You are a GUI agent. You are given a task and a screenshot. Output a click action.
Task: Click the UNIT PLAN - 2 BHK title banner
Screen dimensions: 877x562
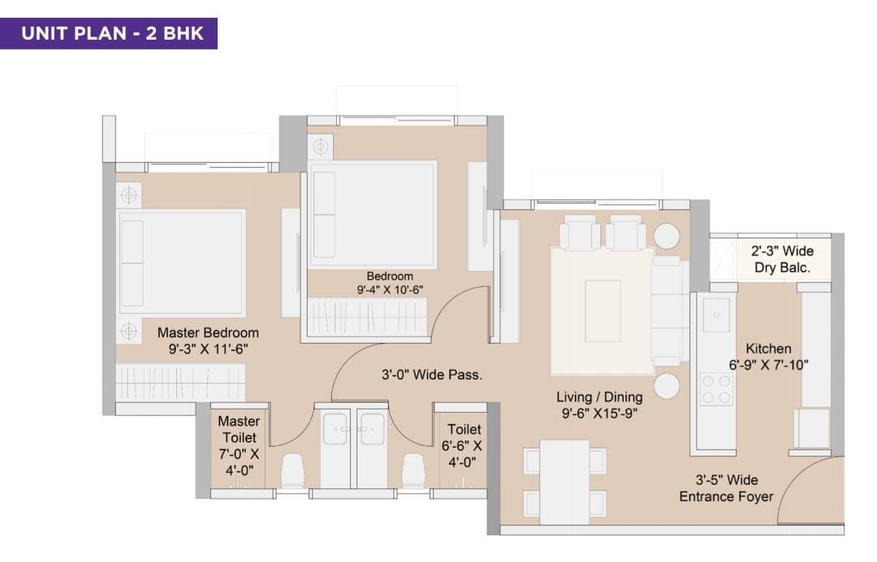(x=109, y=33)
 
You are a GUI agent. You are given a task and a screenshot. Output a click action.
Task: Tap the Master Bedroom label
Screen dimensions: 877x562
(x=208, y=332)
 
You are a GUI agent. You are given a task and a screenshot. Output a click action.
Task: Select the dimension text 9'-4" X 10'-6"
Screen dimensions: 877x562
(x=390, y=290)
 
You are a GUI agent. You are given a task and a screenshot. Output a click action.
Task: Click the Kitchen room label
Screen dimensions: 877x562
(x=768, y=349)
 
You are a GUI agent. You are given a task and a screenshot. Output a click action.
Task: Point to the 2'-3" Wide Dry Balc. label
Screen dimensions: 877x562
(x=782, y=260)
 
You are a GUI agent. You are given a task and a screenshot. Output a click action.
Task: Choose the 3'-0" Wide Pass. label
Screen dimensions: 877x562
(x=432, y=375)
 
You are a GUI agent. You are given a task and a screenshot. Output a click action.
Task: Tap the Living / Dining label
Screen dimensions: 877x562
(x=599, y=397)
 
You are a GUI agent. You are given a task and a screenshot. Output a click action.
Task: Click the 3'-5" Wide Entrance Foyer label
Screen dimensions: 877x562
(x=726, y=488)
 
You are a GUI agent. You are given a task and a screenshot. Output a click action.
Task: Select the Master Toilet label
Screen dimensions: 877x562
(x=239, y=429)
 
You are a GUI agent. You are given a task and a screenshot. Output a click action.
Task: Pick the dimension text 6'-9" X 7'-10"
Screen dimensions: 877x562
(x=768, y=366)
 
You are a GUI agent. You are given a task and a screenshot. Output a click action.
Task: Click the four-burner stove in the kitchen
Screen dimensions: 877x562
(x=716, y=389)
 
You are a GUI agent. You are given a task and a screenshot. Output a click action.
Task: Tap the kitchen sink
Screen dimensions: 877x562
(x=716, y=315)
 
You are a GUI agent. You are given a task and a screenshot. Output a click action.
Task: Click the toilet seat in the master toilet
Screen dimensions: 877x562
(x=292, y=470)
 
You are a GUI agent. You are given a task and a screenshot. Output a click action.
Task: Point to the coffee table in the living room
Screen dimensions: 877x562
(x=603, y=310)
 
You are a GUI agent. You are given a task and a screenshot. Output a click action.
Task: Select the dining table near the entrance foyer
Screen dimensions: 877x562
(x=564, y=482)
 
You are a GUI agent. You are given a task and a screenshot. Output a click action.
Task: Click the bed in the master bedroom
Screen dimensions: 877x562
(x=181, y=263)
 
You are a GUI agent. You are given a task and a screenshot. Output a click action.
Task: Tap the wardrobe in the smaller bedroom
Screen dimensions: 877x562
(x=368, y=317)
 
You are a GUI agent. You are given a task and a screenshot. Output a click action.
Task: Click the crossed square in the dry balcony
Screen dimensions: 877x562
(x=722, y=260)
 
